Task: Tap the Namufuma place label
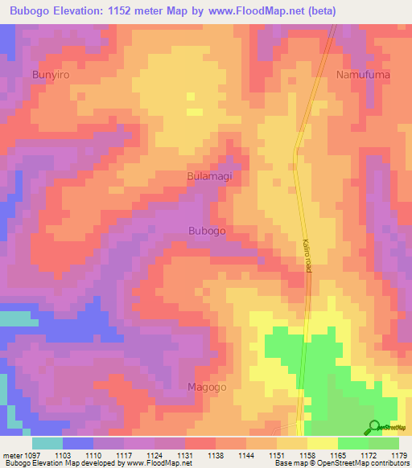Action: tap(362, 74)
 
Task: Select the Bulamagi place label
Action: tap(214, 174)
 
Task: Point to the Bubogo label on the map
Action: tap(207, 230)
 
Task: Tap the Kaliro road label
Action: tap(307, 256)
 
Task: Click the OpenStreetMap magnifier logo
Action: tap(374, 426)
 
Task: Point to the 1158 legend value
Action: tap(292, 455)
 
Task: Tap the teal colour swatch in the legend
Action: tap(47, 443)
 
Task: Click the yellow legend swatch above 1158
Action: tap(291, 443)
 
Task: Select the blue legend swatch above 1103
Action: tap(78, 443)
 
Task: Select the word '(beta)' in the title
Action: tap(317, 11)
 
